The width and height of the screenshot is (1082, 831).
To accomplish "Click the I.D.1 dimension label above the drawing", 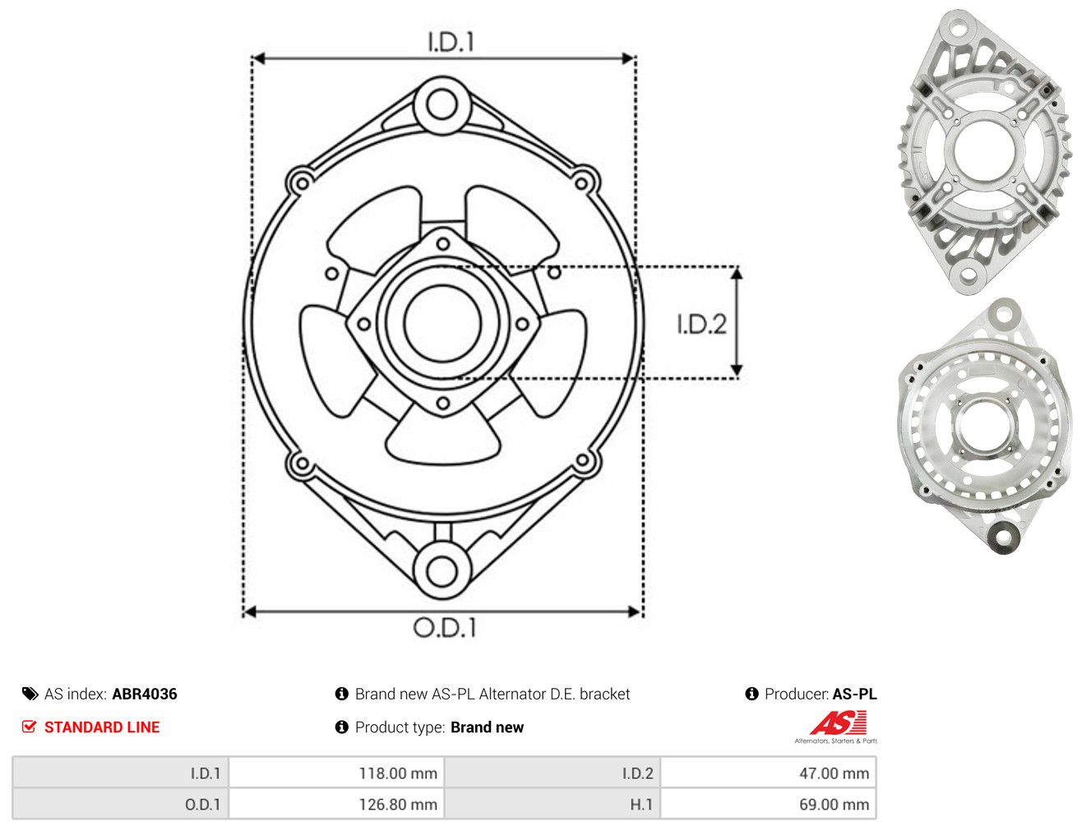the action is [451, 42].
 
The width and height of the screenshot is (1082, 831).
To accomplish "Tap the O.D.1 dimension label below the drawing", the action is [445, 627].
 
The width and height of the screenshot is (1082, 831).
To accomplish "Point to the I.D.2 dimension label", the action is [701, 324].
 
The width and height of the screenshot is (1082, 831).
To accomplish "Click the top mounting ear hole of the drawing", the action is [442, 105].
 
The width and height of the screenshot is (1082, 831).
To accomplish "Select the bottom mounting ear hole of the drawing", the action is [442, 571].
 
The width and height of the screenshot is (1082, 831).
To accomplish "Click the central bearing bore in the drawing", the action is [442, 324].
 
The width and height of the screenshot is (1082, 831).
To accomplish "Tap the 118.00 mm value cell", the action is [336, 773].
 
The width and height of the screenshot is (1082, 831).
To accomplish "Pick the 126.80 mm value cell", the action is [336, 804].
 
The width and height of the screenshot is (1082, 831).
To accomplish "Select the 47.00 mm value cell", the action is [768, 773].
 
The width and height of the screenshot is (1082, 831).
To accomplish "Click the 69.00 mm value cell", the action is [768, 804].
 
